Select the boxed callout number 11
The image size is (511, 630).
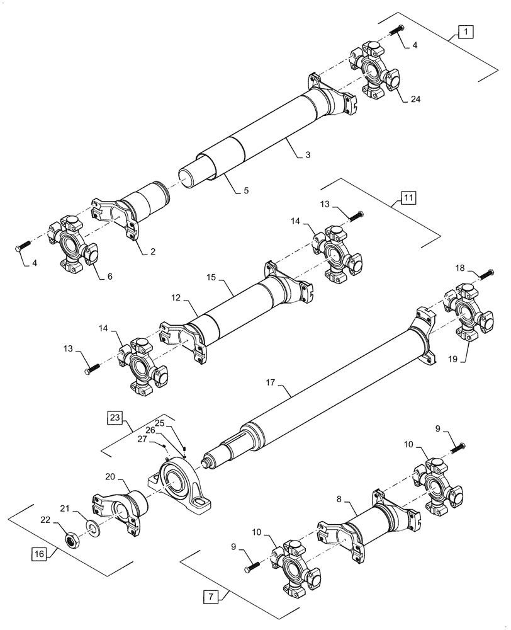coord(408,197)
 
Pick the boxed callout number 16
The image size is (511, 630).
coord(39,554)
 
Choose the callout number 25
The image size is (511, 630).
coord(160,423)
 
